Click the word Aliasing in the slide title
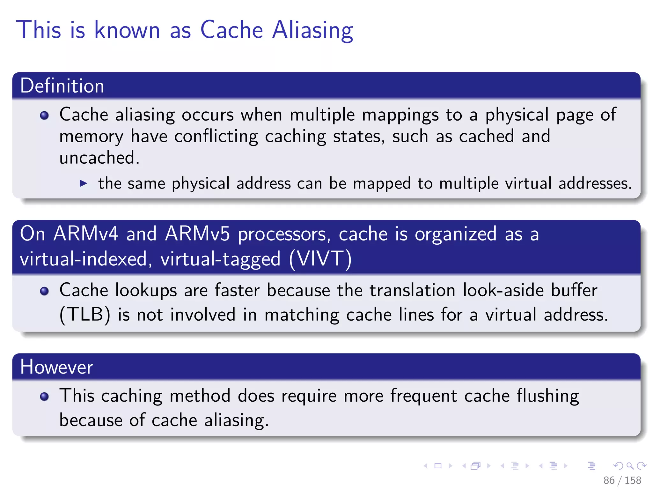[x=312, y=30]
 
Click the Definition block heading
[x=62, y=86]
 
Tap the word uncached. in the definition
[x=99, y=158]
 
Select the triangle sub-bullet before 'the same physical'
[x=83, y=183]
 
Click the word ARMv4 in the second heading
[x=86, y=234]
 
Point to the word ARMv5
[x=197, y=234]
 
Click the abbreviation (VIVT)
[x=320, y=258]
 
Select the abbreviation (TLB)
[x=85, y=315]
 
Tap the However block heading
[x=56, y=367]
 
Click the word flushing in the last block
[x=548, y=396]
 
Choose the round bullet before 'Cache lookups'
[x=44, y=291]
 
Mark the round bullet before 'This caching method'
[x=44, y=396]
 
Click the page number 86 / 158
[x=622, y=480]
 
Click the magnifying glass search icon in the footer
[x=630, y=466]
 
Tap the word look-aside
[x=503, y=290]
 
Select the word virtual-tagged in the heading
[x=220, y=258]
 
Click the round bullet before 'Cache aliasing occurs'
[x=44, y=115]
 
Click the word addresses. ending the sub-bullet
[x=595, y=183]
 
